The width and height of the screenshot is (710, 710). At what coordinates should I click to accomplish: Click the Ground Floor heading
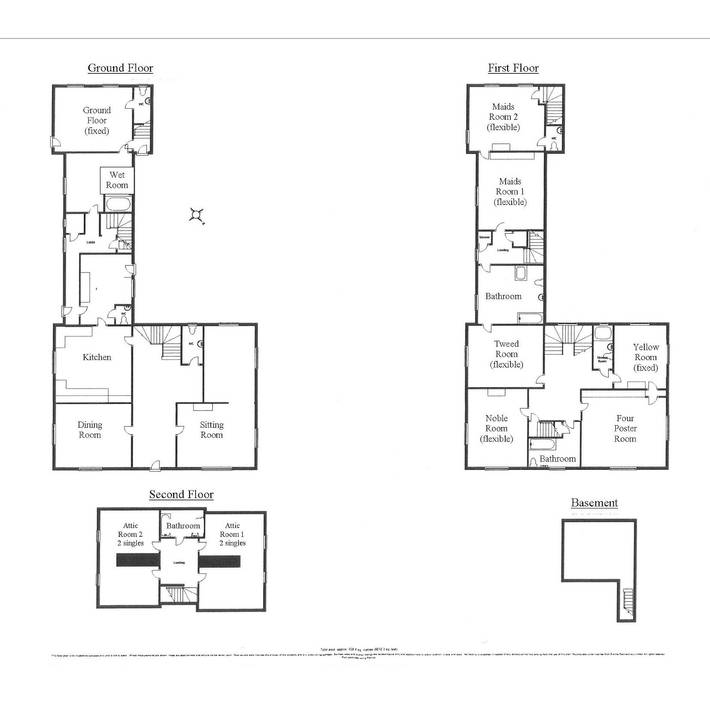coord(119,68)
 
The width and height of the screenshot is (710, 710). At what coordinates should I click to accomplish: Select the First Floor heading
coord(513,68)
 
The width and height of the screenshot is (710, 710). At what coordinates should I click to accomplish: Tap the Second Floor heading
coord(181,494)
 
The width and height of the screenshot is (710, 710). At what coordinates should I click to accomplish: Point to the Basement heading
coord(594,503)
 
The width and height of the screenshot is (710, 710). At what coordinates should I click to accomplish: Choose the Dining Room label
coord(90,429)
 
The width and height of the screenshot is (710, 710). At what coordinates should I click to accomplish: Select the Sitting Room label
coord(211,430)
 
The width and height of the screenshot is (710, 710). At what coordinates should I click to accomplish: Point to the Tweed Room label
coord(506,353)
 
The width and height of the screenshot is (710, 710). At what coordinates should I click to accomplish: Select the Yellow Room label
coord(645,358)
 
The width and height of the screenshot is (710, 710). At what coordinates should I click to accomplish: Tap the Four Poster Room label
coord(625,428)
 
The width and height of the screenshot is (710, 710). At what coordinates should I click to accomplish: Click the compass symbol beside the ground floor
coord(199,215)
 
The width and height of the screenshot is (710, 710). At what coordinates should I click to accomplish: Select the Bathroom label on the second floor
coord(183,526)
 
